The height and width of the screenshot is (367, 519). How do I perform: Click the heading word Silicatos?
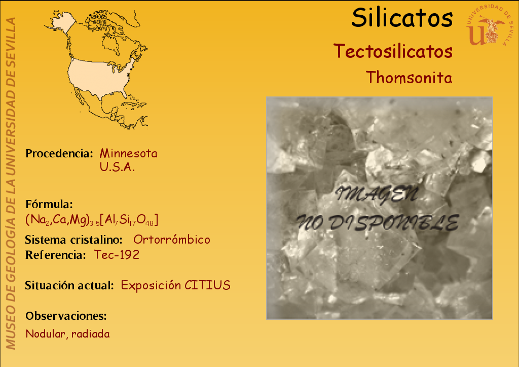coord(402,18)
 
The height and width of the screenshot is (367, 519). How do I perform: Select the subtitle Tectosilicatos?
coord(393,51)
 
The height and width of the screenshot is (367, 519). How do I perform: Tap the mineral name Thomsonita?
coord(409,78)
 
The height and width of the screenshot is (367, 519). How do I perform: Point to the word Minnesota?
coord(128,153)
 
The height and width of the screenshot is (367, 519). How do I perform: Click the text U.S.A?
coord(117,167)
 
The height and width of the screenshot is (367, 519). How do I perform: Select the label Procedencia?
coord(59,153)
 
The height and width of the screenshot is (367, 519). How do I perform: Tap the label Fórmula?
coord(49,204)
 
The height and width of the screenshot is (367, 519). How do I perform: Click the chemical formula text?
coord(92,219)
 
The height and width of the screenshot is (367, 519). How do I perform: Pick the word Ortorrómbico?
coord(172,240)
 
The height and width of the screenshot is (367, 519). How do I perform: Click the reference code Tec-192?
coord(117,255)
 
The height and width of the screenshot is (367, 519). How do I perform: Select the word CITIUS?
coord(207,285)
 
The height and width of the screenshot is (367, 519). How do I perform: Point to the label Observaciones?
coord(66,316)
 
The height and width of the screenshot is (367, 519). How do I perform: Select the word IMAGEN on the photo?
coord(377,194)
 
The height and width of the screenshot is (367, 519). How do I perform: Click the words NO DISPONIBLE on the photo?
coord(377,222)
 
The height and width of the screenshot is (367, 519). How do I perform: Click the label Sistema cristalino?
coord(74,240)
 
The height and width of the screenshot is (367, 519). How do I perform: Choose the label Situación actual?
coord(69,285)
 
